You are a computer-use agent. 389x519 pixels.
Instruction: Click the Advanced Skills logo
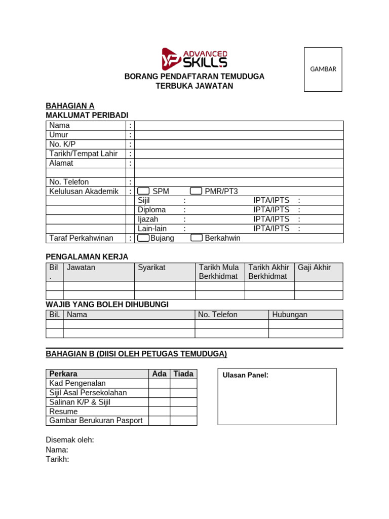tap(194, 58)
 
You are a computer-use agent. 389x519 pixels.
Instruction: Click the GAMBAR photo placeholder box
tap(323, 69)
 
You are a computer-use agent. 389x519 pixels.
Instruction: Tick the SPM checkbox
tap(144, 191)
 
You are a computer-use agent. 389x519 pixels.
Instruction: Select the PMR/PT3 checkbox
tap(196, 191)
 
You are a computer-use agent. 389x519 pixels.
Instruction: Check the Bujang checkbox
tap(144, 238)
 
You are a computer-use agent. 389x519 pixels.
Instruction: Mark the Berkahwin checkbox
tap(197, 238)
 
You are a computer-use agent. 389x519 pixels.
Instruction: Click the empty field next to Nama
tap(239, 126)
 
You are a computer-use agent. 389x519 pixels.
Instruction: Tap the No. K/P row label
tap(62, 144)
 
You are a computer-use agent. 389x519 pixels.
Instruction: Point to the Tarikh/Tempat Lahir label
tap(83, 154)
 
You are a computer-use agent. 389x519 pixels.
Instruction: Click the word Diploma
tap(151, 210)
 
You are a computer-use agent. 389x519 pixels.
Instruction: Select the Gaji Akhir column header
tap(314, 268)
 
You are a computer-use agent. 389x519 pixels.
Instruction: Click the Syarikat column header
tap(151, 268)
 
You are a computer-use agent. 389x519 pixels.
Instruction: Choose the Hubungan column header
tap(290, 315)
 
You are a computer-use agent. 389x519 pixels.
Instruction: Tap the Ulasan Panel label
tap(245, 375)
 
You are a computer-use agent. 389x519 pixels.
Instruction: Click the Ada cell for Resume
tap(159, 412)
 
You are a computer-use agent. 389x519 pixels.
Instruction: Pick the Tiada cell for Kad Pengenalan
tap(183, 384)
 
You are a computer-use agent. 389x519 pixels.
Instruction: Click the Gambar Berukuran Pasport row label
tap(96, 421)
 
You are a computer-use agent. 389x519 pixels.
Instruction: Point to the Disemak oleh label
tap(70, 440)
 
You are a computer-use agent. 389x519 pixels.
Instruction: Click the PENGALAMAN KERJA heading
tap(87, 257)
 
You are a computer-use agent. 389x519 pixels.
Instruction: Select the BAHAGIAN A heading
tap(70, 106)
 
